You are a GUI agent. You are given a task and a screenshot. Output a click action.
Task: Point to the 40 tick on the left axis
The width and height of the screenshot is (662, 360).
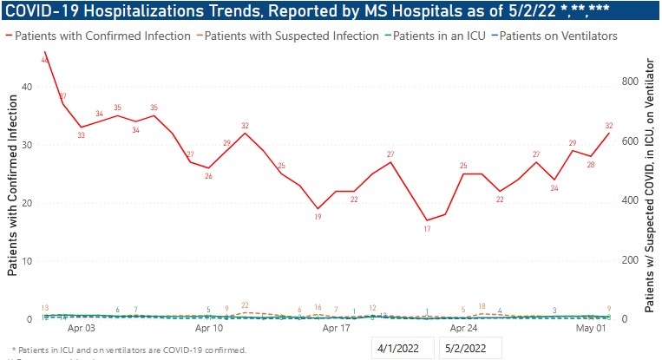(27, 87)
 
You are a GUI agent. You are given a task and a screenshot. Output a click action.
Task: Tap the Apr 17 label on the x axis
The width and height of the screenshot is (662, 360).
(336, 329)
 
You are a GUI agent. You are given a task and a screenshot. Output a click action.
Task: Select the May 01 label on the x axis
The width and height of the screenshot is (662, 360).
(593, 329)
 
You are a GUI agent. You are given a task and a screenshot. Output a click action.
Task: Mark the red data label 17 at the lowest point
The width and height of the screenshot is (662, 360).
(427, 229)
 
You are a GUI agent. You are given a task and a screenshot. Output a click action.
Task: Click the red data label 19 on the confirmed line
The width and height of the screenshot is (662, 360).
(318, 218)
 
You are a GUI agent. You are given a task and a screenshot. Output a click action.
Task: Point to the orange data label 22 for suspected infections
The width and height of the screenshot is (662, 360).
(246, 305)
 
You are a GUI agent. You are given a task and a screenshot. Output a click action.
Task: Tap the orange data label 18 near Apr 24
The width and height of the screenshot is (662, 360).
(482, 306)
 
